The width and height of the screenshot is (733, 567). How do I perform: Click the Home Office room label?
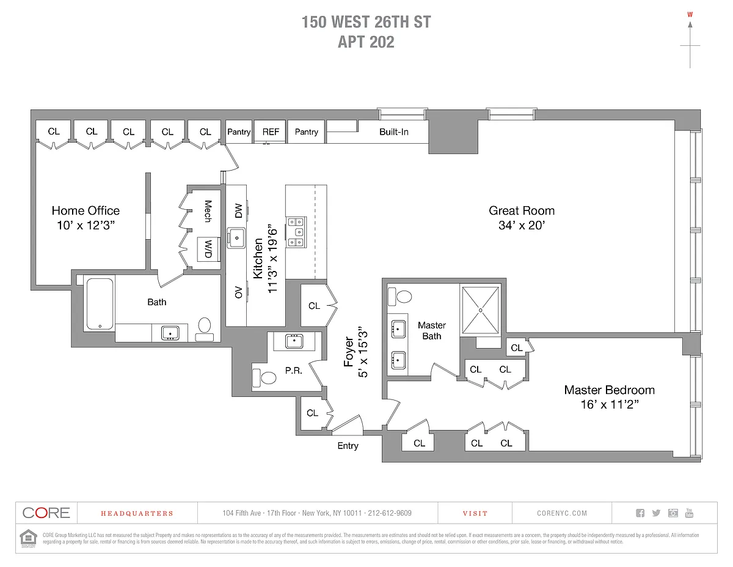point(86,211)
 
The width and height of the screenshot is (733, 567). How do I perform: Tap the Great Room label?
point(522,211)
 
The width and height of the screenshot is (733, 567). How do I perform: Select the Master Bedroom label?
point(609,390)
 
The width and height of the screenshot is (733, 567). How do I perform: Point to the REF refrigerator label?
point(271,132)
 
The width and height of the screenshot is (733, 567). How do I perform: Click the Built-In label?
point(394,132)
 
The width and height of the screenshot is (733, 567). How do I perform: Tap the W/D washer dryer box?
point(208,248)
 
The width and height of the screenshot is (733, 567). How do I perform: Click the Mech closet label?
point(208,211)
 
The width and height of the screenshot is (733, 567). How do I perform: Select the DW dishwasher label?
point(238,211)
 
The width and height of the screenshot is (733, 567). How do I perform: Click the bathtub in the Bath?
point(98,304)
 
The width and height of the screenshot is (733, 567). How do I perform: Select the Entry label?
point(348,446)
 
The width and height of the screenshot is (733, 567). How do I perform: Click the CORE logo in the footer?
point(46,513)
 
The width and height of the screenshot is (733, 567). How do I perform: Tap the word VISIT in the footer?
point(475,513)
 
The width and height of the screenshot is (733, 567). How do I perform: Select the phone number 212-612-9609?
point(390,513)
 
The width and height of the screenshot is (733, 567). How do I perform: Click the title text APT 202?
point(366,42)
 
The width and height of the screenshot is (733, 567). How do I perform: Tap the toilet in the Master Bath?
point(403,297)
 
